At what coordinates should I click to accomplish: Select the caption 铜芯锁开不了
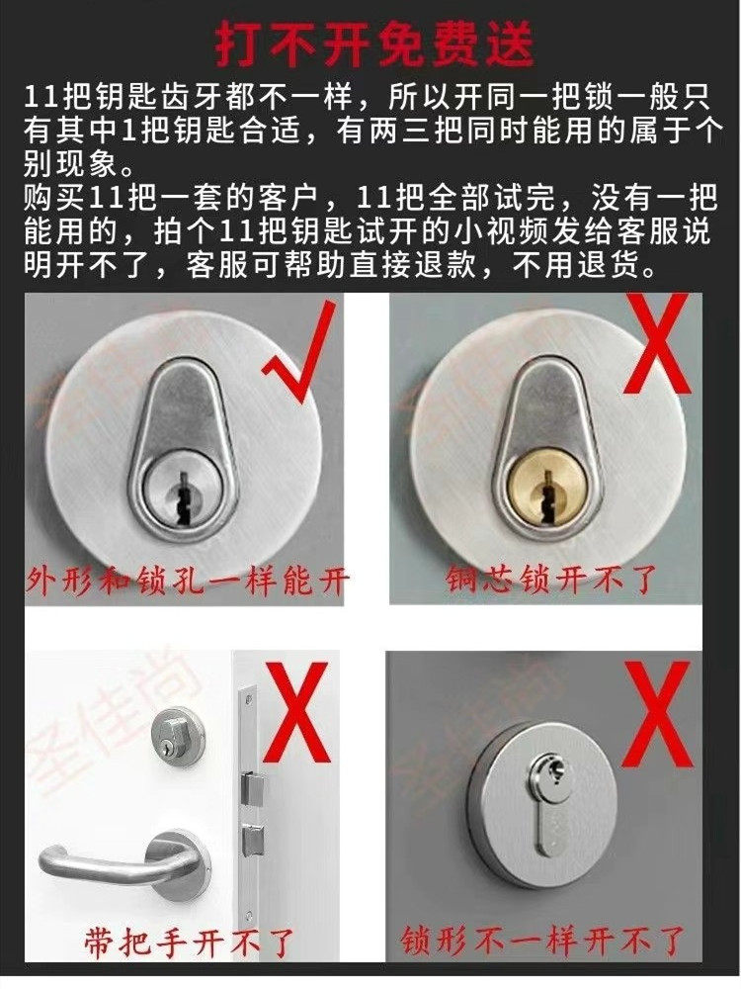point(550,579)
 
